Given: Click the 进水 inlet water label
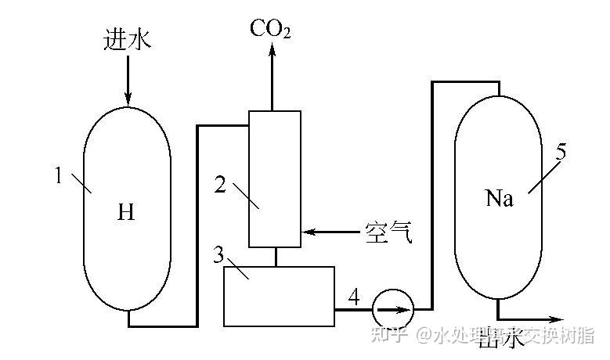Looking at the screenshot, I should click(x=127, y=39).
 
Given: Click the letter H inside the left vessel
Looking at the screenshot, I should click(x=126, y=212).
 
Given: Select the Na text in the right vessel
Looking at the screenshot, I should click(x=499, y=199).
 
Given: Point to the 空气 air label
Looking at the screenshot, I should click(x=388, y=232).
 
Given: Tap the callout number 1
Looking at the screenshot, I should click(x=58, y=176).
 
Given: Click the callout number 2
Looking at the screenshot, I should click(x=221, y=185).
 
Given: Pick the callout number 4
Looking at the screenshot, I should click(x=354, y=297).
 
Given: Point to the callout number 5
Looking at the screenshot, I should click(x=561, y=153).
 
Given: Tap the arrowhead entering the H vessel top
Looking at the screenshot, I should click(x=127, y=98).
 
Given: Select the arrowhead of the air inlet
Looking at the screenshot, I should click(x=308, y=232).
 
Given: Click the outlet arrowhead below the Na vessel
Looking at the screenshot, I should click(x=558, y=319).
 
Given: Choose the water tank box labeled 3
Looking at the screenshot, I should click(x=279, y=296).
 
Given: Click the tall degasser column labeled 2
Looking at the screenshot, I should click(x=274, y=178).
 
